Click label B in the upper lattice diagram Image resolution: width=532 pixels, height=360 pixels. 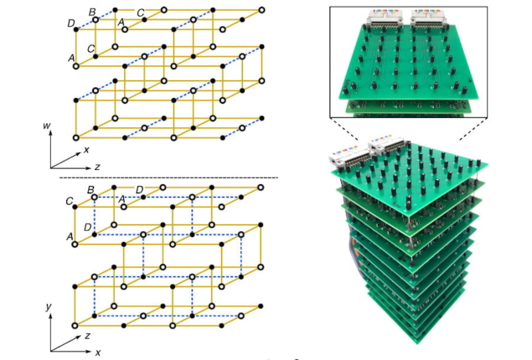92,12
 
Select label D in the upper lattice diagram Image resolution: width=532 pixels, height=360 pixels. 71,23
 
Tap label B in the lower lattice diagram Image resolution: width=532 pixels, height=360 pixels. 90,190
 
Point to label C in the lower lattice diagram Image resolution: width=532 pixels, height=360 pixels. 70,202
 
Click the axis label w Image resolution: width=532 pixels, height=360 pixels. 46,126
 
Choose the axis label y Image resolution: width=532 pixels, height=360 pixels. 49,306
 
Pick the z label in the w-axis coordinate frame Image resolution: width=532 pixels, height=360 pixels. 97,167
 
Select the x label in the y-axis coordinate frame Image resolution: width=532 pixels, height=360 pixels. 98,352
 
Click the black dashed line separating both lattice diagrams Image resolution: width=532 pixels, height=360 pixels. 168,177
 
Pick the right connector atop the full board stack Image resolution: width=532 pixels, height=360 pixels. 388,146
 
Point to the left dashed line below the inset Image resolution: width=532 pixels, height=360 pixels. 343,129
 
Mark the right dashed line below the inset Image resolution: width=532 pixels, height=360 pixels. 473,129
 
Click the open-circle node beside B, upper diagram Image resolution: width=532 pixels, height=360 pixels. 96,20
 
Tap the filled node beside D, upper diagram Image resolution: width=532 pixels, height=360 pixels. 76,30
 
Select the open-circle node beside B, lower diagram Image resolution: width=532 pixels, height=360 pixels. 95,198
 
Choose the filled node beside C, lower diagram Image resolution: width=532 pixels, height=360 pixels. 75,207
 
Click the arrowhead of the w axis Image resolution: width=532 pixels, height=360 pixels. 50,132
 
